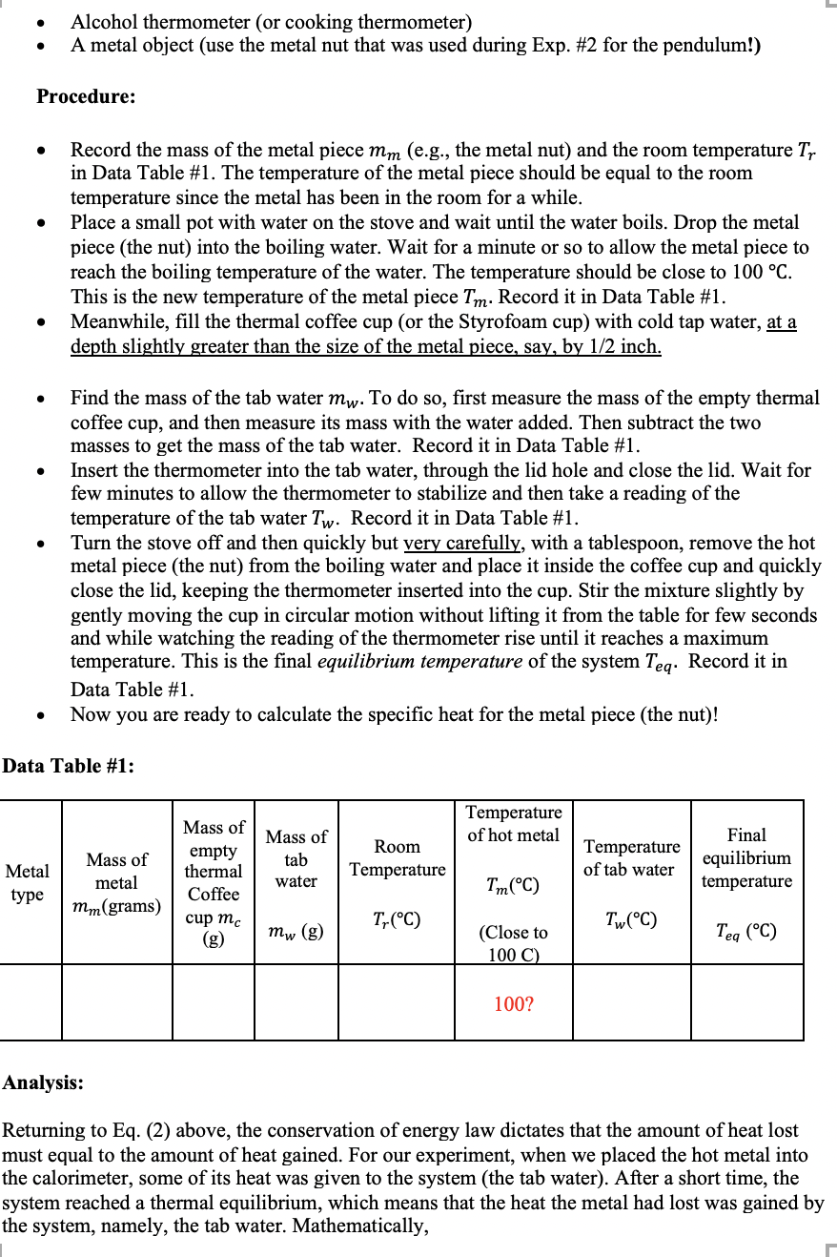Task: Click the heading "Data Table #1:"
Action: pos(68,766)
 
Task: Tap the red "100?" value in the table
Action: pos(514,1003)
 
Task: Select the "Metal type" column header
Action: pos(28,882)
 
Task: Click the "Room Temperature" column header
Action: pos(397,858)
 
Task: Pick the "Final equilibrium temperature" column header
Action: pos(745,858)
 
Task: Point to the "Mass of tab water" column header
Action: pos(296,858)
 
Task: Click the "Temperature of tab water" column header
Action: pos(631,858)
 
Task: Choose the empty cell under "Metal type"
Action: pos(31,1002)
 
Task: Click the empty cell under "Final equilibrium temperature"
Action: pos(745,1002)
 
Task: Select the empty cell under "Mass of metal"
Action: pos(116,1002)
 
